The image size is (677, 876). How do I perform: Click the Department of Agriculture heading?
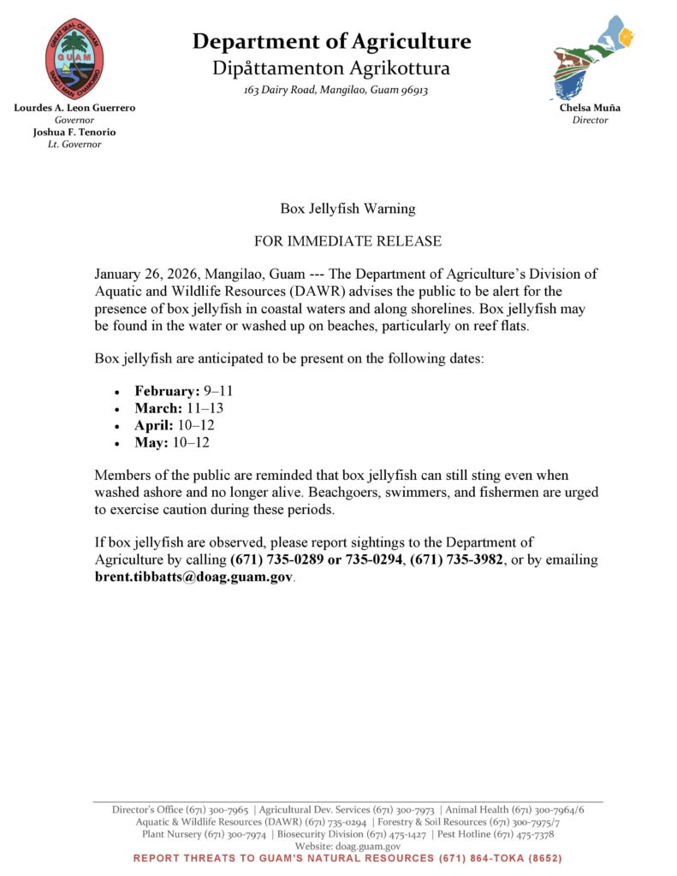click(331, 41)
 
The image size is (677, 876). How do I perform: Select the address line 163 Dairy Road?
click(336, 90)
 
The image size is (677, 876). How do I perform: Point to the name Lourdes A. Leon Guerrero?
click(74, 109)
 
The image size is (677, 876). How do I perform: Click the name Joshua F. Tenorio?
click(74, 133)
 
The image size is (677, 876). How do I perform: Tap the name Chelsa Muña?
click(591, 109)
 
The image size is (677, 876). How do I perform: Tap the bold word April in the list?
click(154, 425)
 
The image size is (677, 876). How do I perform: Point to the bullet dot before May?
click(116, 443)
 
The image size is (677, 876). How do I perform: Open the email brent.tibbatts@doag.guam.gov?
click(193, 577)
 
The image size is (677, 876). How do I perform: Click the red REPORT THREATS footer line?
click(347, 858)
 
